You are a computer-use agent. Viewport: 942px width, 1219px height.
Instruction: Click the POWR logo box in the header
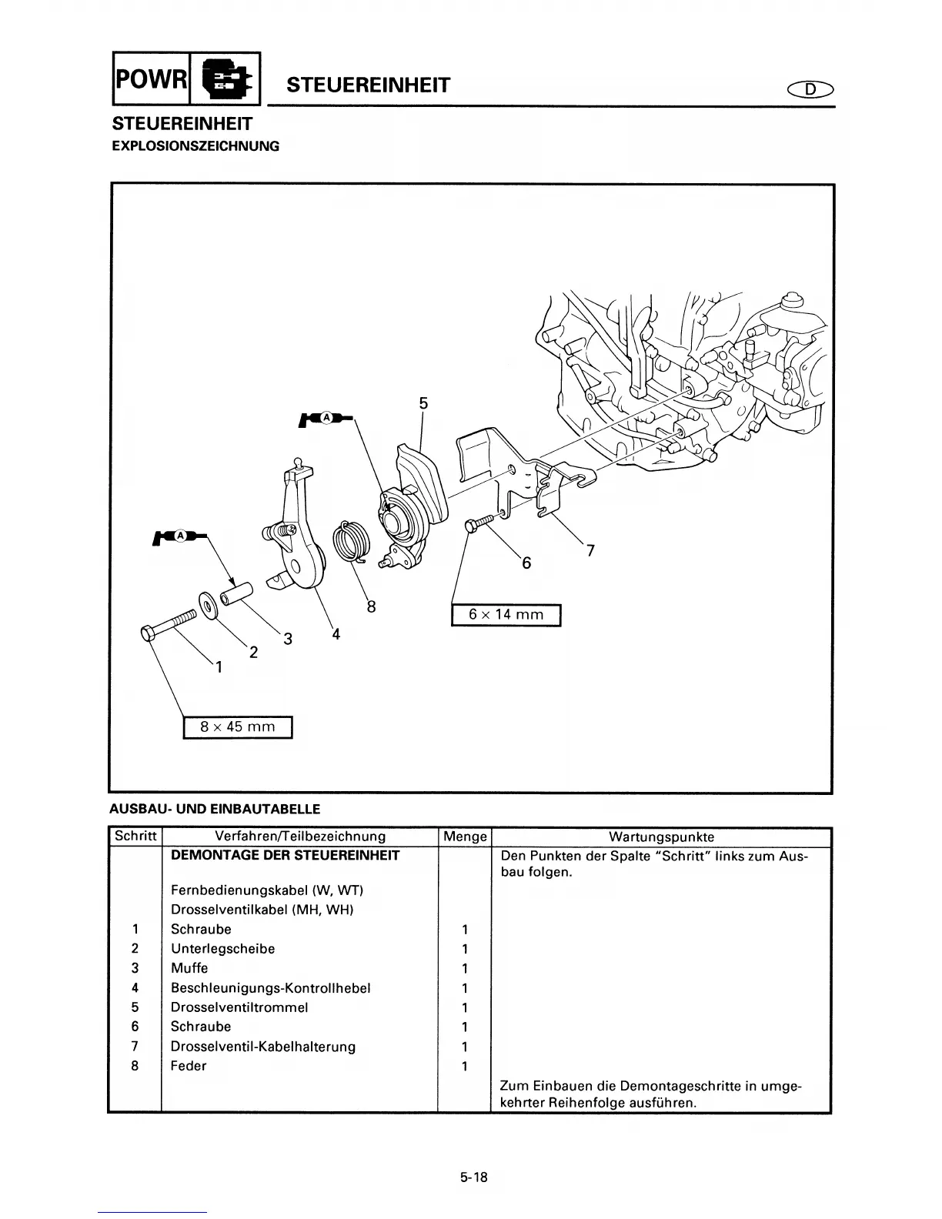coord(151,78)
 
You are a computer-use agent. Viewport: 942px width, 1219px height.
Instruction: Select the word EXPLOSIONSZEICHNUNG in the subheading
coord(195,145)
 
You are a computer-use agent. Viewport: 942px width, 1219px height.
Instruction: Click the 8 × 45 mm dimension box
coord(238,726)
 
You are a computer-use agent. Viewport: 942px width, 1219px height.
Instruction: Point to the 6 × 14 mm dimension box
coord(506,614)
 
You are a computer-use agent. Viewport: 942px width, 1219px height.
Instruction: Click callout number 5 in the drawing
coord(423,403)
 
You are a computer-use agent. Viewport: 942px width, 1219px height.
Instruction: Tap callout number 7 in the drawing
coord(590,550)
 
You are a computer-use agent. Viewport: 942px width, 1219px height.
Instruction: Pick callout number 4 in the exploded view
coord(336,634)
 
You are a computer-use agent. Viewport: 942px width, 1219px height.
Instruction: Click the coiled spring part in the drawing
coord(350,539)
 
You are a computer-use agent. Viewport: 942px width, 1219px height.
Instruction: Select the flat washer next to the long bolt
coord(208,605)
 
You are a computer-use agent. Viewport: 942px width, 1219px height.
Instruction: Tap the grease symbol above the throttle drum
coord(326,418)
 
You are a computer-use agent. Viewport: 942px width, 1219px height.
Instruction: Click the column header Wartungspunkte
coord(661,837)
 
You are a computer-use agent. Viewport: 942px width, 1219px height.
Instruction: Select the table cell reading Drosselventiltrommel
coord(239,1007)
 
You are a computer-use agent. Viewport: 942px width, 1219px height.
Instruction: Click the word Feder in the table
coord(189,1066)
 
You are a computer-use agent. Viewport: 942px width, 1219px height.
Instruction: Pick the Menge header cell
coord(465,837)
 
